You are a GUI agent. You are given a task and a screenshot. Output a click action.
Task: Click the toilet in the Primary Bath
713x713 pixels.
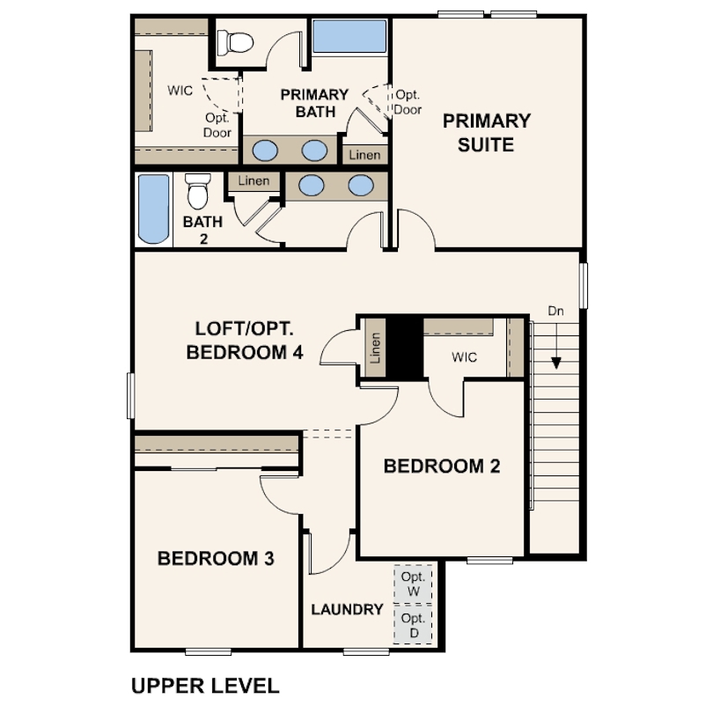[235, 43]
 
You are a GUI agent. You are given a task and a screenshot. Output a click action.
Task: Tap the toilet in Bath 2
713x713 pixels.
[198, 190]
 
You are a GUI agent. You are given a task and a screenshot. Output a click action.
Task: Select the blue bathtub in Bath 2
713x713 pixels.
[153, 209]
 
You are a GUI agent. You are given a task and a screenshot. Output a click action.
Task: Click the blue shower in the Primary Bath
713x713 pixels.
[349, 36]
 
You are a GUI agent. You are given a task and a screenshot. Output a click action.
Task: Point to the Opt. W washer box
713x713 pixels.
[413, 584]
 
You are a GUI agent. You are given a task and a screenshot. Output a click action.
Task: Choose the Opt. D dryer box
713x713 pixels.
[413, 625]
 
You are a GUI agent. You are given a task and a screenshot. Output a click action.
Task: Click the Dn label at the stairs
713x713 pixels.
[555, 311]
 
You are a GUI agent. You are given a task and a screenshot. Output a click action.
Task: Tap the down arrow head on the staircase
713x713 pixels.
[555, 363]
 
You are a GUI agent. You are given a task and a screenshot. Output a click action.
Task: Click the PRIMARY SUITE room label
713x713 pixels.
[487, 133]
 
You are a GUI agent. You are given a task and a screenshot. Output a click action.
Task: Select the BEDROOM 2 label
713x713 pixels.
[442, 466]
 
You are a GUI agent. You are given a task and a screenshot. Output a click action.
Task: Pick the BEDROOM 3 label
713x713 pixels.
[216, 558]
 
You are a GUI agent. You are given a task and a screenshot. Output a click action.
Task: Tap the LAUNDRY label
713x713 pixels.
[348, 609]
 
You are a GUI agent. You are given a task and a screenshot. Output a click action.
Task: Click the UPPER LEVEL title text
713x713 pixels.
[205, 686]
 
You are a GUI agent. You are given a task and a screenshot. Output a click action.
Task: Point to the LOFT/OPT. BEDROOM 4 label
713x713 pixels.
[245, 341]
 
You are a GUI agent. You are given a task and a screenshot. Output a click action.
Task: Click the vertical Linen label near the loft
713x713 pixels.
[375, 349]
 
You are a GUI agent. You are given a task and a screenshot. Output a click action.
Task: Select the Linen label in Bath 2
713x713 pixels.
[254, 181]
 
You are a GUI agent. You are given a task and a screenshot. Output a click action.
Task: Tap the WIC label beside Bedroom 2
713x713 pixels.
[464, 357]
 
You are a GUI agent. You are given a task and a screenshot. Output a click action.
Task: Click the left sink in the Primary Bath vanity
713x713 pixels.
[265, 151]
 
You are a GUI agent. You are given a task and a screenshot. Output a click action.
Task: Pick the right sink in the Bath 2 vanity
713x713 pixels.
[361, 186]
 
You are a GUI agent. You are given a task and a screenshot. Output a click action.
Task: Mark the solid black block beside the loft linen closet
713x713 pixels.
[405, 348]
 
